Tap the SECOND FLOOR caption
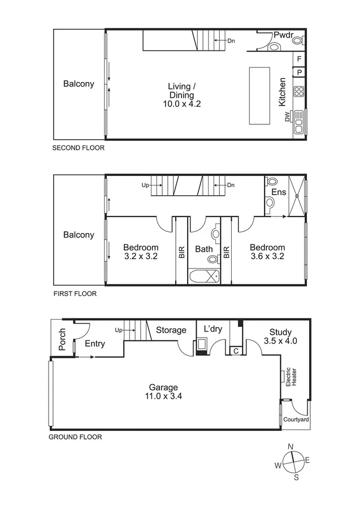click(79, 148)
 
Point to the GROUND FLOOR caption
click(75, 437)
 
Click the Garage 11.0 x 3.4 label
click(165, 392)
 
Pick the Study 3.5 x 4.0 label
click(280, 337)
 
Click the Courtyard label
click(295, 420)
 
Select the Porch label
click(63, 339)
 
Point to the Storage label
click(171, 330)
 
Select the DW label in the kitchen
click(287, 117)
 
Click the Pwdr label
click(283, 35)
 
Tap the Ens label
click(279, 192)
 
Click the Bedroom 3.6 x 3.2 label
click(267, 252)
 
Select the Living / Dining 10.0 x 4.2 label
click(181, 95)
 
